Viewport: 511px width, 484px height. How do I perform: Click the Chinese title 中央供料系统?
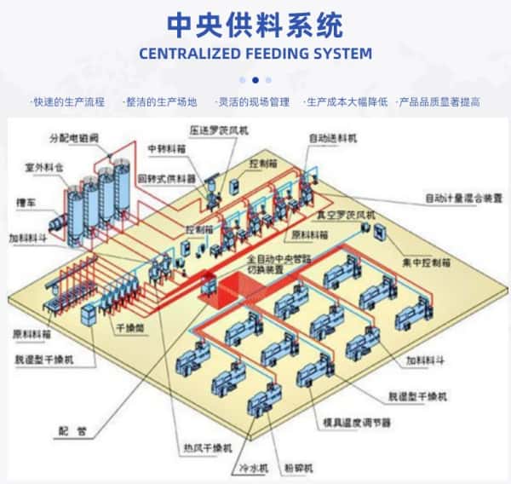255,24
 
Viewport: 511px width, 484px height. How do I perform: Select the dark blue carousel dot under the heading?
255,80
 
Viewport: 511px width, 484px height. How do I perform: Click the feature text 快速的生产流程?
68,102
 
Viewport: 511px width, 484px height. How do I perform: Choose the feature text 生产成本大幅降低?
347,102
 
